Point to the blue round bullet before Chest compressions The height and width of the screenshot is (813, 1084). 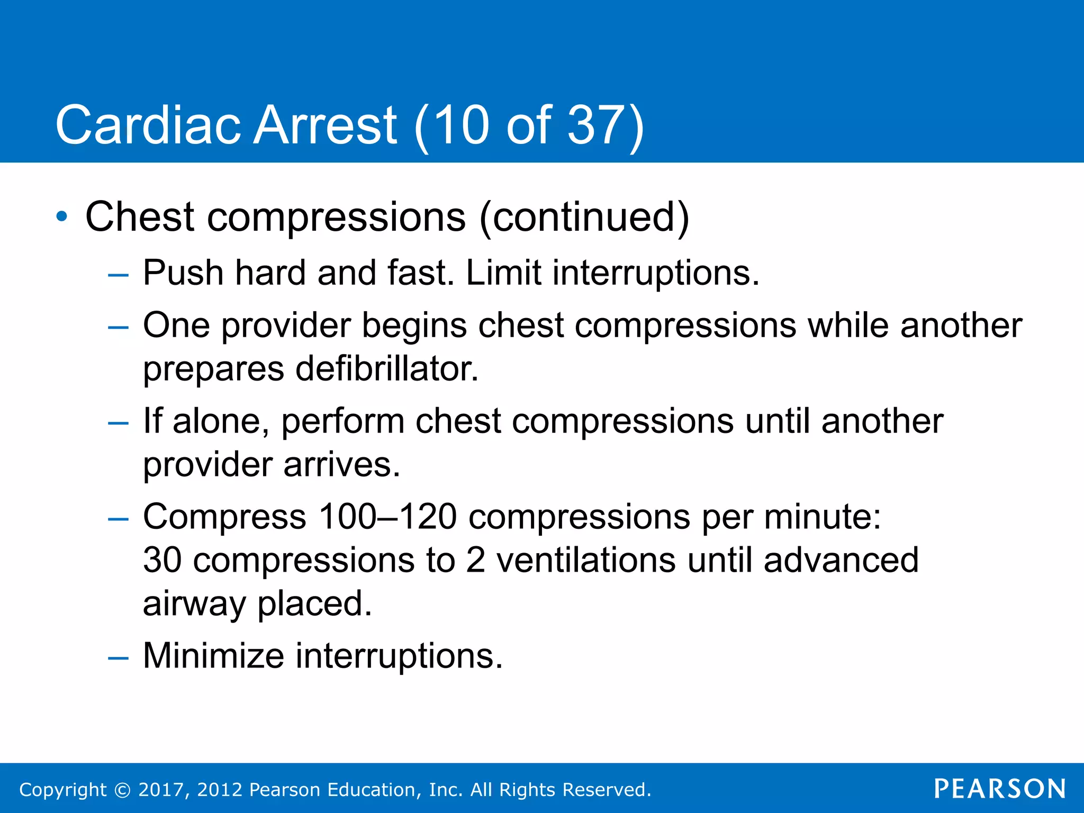pos(62,216)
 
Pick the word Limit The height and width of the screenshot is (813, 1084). pos(503,273)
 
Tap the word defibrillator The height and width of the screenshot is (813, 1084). pos(386,369)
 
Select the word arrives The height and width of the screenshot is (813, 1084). pos(341,465)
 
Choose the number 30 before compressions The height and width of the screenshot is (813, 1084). pos(162,561)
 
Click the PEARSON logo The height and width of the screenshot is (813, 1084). pos(1000,789)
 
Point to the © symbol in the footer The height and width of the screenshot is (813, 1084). pos(122,790)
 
